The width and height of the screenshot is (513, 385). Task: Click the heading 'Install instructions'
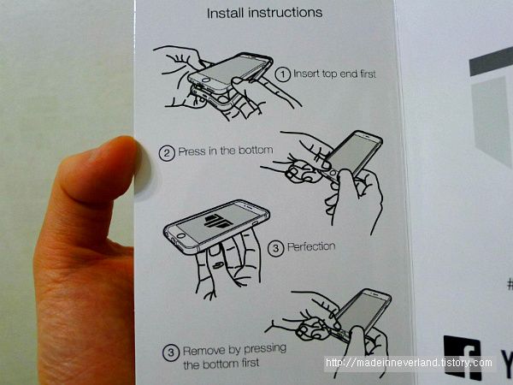(x=264, y=13)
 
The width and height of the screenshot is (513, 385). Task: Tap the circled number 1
(x=282, y=74)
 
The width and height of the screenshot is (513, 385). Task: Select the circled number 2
(x=167, y=153)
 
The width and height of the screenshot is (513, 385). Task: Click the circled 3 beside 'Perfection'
(x=276, y=248)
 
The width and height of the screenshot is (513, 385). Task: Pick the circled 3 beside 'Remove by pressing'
(x=171, y=352)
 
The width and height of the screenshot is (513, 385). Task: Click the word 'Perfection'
(x=311, y=246)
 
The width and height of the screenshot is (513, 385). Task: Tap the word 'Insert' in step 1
(x=307, y=74)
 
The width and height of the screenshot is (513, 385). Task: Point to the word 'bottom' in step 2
(x=256, y=151)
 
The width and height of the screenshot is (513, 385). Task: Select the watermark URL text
(x=409, y=363)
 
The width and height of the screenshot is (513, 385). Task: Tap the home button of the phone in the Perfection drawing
(x=180, y=236)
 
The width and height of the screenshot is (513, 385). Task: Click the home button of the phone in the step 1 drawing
(x=206, y=80)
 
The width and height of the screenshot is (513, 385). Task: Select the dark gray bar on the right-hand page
(x=491, y=62)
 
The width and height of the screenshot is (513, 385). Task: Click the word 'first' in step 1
(x=368, y=74)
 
